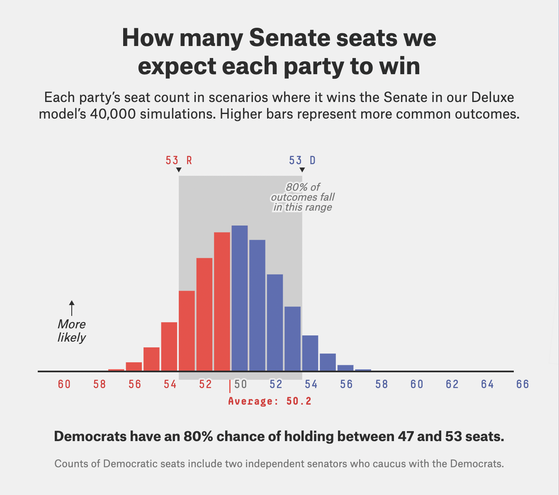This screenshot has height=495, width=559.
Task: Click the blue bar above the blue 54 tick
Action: coord(310,353)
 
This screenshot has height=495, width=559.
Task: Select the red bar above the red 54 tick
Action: coord(169,346)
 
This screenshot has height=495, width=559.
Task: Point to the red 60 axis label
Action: coord(64,385)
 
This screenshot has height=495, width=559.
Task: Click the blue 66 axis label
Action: coord(523,385)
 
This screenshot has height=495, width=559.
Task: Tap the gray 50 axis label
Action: coord(241,385)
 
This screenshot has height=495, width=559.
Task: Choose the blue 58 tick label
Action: coord(382,385)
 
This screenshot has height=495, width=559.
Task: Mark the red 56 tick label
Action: coord(135,385)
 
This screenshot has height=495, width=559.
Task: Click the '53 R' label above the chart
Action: coord(179,160)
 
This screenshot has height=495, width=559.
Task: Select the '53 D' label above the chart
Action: coord(302,160)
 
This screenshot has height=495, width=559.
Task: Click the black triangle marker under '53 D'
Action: coord(302,170)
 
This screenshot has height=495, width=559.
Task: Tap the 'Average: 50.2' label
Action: coord(270,401)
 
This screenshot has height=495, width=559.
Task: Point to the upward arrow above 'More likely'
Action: coord(72,308)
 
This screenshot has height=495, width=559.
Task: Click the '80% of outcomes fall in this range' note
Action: coord(303,197)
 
